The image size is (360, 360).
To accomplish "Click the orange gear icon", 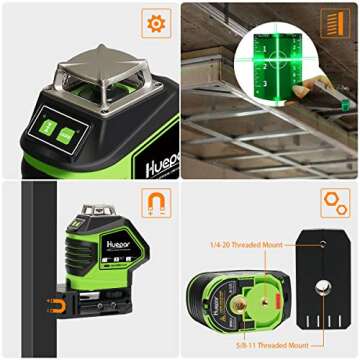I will [154, 23].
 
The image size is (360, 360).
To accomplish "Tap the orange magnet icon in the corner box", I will [154, 202].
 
